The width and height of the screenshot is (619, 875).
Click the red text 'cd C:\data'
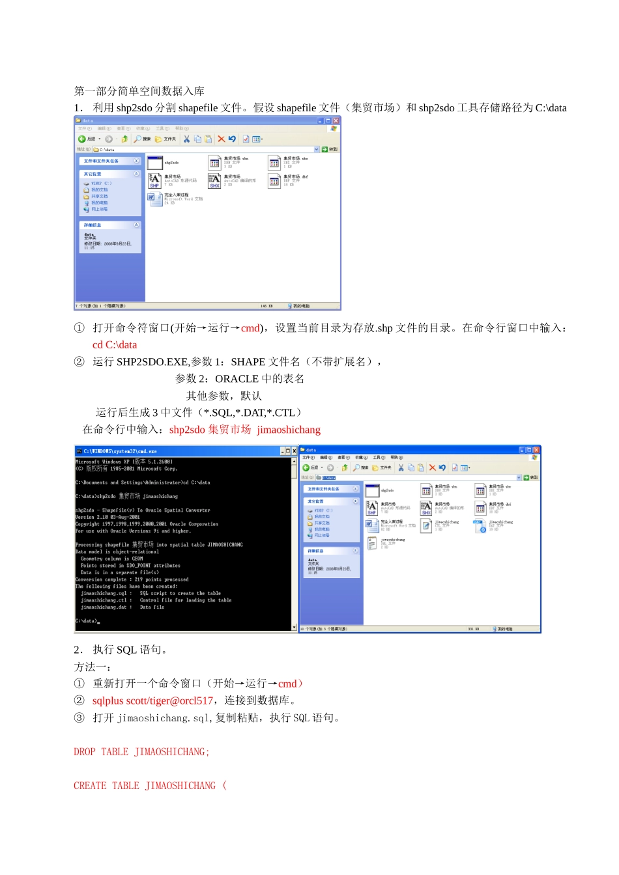coord(115,345)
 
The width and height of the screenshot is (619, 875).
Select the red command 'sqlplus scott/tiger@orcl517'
coord(152,701)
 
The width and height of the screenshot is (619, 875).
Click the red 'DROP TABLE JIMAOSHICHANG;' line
coord(141,752)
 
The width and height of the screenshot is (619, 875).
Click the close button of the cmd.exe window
coord(294,451)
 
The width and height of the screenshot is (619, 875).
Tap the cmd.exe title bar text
coord(120,451)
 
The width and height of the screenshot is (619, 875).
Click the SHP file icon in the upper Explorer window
coord(154,180)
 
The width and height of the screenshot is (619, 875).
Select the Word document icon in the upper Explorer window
coord(155,199)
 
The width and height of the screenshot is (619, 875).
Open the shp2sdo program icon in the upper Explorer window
coord(155,163)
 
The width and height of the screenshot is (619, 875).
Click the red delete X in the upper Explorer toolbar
coord(221,139)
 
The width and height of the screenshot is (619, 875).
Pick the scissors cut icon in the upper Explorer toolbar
coord(186,139)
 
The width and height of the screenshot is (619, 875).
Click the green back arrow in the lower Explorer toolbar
coord(306,467)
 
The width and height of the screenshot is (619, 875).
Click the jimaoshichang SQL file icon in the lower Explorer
coord(372,543)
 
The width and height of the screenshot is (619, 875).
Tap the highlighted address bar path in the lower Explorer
coord(329,478)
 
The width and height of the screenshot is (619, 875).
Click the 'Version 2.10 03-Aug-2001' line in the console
coord(108,517)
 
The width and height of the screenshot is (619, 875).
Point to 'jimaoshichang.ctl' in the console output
coord(104,600)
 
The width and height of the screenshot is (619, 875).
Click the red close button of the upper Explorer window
coord(336,120)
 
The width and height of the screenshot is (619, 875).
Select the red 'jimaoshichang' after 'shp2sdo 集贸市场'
coord(289,430)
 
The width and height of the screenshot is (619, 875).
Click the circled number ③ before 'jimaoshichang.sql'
coord(79,717)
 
